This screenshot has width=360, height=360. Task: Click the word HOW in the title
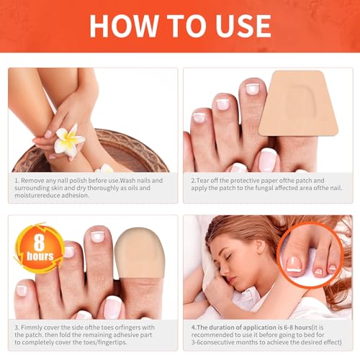coord(122,26)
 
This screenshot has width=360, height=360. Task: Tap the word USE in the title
coord(234,26)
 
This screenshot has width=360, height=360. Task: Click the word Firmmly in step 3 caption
coord(35,328)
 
